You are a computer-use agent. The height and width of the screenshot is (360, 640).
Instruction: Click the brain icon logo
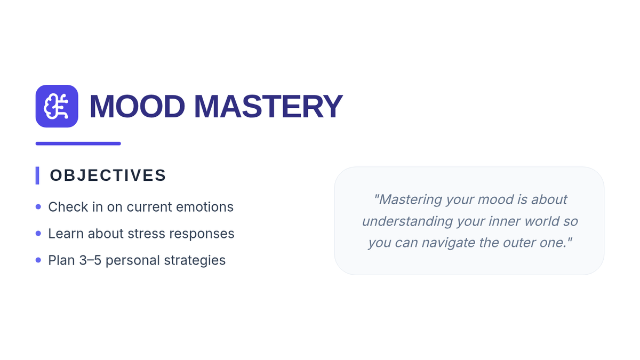coord(57,106)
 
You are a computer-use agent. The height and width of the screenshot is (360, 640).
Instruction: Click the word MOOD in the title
coord(137,106)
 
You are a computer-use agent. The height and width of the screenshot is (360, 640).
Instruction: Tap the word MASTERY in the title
coord(268,106)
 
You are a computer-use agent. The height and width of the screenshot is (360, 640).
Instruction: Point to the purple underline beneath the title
coord(78,143)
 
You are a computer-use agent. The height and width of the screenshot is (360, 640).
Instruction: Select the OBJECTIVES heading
coord(108,175)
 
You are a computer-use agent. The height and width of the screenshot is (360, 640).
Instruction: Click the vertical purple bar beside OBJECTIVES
coord(37,175)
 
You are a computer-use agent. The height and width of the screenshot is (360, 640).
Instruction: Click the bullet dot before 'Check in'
coord(38,206)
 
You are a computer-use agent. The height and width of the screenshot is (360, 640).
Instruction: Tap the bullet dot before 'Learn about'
coord(38,234)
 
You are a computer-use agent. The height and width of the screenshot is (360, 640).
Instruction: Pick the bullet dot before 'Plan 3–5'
coord(38,260)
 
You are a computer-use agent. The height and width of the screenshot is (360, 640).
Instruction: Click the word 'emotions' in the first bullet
coord(205,207)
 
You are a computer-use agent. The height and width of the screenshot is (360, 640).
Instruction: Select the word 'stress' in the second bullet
coord(146,234)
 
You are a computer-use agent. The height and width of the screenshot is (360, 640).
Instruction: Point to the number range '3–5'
coord(90,260)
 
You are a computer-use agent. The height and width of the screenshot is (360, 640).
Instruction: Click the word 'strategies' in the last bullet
coord(195,261)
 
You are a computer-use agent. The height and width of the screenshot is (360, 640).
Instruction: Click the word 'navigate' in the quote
coord(449,243)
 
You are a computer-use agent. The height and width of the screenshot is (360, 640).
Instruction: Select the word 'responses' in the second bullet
coord(202,234)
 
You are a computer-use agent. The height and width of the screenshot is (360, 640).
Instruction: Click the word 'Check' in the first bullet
coord(68,207)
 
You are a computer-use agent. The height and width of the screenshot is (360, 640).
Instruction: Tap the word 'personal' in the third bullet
coord(133,261)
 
